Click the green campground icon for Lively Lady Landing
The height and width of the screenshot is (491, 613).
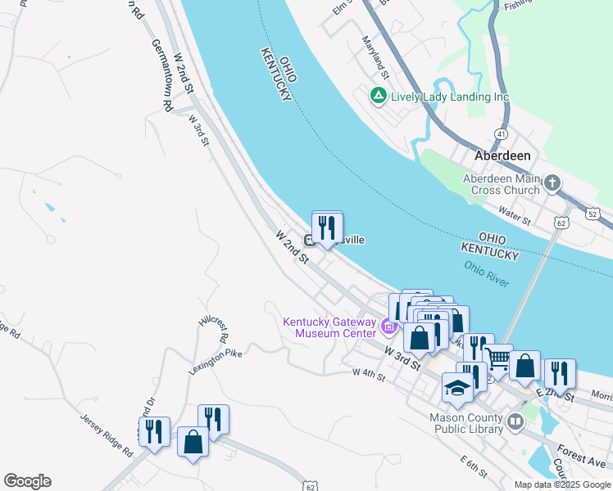(x=378, y=97)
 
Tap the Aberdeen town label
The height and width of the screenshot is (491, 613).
(x=503, y=155)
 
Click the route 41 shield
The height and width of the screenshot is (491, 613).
(x=501, y=133)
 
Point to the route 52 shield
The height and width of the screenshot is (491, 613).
(x=603, y=213)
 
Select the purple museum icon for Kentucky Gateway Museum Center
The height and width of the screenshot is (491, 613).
(x=389, y=329)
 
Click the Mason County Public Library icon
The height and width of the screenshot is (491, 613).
(x=515, y=422)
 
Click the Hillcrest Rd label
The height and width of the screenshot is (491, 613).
(x=212, y=328)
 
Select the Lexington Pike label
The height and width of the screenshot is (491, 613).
(x=216, y=360)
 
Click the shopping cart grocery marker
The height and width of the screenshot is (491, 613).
(x=498, y=358)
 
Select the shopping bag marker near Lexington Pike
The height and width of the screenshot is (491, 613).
(x=193, y=442)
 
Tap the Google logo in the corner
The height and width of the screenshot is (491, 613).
(x=27, y=480)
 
